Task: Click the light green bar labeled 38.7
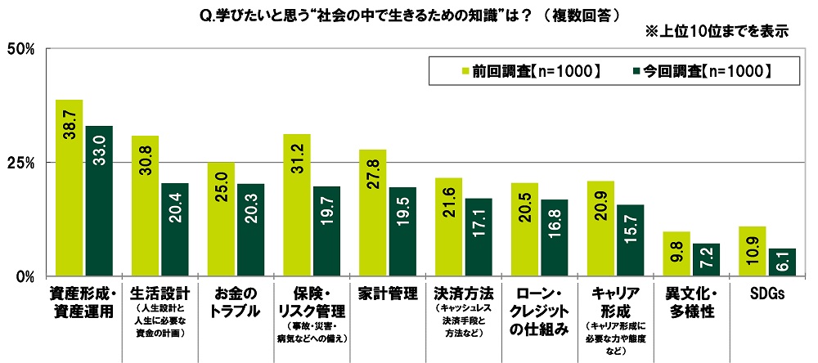(x=69, y=188)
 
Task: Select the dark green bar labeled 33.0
(x=99, y=201)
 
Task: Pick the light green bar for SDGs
(x=753, y=251)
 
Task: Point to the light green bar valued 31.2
(x=297, y=205)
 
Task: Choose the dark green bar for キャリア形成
(x=631, y=240)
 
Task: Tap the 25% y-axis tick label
(x=20, y=163)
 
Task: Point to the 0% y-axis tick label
(x=25, y=276)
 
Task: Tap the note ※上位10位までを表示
(x=717, y=33)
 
